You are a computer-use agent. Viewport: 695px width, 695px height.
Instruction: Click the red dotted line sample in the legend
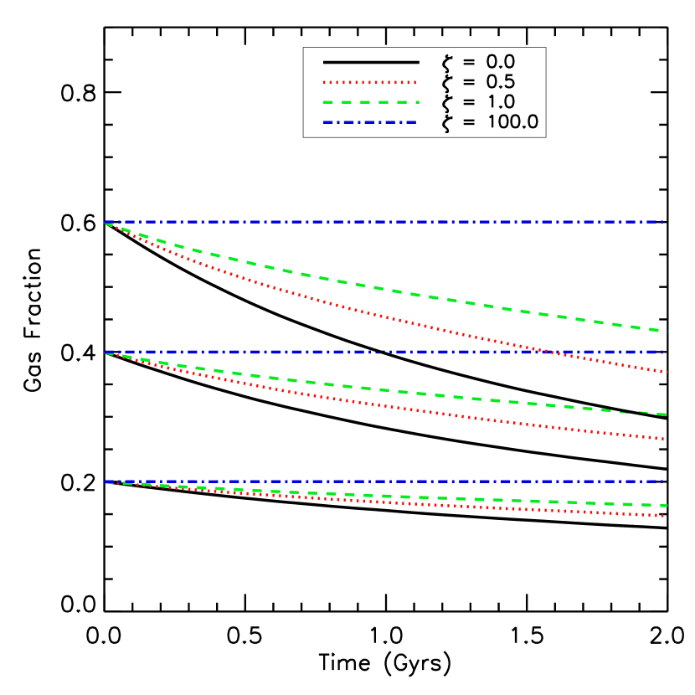(369, 82)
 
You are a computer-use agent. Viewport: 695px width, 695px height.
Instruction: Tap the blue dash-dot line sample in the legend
(369, 122)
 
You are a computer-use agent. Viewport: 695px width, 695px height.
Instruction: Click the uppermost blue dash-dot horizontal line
(385, 222)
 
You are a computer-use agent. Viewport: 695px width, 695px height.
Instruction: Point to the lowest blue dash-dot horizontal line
(385, 481)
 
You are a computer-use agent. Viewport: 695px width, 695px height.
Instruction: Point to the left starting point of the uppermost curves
(105, 223)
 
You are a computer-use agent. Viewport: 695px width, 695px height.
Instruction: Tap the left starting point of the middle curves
(105, 353)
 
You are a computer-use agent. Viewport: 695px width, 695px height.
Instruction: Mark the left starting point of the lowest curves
(105, 482)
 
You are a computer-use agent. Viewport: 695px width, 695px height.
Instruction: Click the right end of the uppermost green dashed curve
(665, 331)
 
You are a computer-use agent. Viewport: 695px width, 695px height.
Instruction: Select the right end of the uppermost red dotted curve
(666, 372)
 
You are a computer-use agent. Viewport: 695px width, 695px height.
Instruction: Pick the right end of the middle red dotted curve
(665, 439)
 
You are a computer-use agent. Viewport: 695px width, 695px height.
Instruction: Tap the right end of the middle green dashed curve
(666, 414)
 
